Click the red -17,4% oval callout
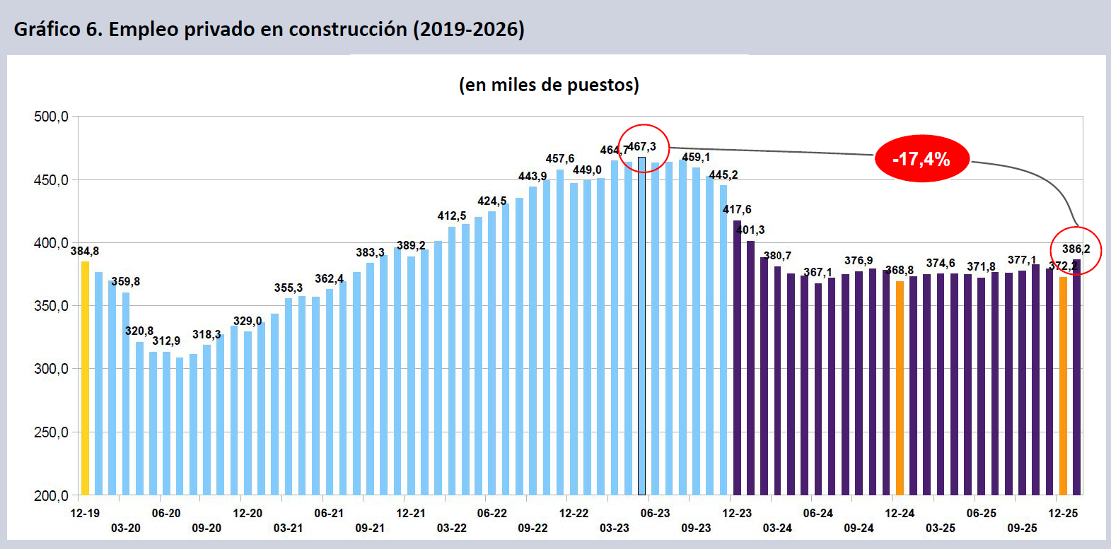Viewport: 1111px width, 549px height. pyautogui.click(x=921, y=159)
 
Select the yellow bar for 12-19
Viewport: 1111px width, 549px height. pyautogui.click(x=85, y=378)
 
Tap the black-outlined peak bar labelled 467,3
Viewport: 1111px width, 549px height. pyautogui.click(x=642, y=325)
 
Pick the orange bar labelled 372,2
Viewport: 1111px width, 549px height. pyautogui.click(x=1063, y=386)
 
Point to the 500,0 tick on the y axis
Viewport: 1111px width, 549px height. pyautogui.click(x=52, y=117)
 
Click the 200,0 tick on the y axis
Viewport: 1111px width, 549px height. pyautogui.click(x=52, y=496)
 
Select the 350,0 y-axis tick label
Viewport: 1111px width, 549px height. pyautogui.click(x=52, y=306)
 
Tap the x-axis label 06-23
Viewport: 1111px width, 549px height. pyautogui.click(x=655, y=514)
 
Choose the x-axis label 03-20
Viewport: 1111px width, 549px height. pyautogui.click(x=125, y=528)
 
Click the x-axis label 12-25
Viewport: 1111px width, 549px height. pyautogui.click(x=1063, y=514)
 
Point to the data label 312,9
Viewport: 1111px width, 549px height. pyautogui.click(x=166, y=341)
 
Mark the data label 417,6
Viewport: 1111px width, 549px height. pyautogui.click(x=737, y=210)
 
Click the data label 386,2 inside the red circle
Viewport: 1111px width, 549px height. pyautogui.click(x=1076, y=249)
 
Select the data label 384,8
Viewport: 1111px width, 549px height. pyautogui.click(x=85, y=252)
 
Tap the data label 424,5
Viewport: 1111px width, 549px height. pyautogui.click(x=492, y=201)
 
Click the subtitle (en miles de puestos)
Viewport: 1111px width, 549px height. pyautogui.click(x=549, y=85)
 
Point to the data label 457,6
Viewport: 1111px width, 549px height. pyautogui.click(x=560, y=159)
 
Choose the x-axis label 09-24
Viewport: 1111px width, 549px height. pyautogui.click(x=859, y=528)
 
